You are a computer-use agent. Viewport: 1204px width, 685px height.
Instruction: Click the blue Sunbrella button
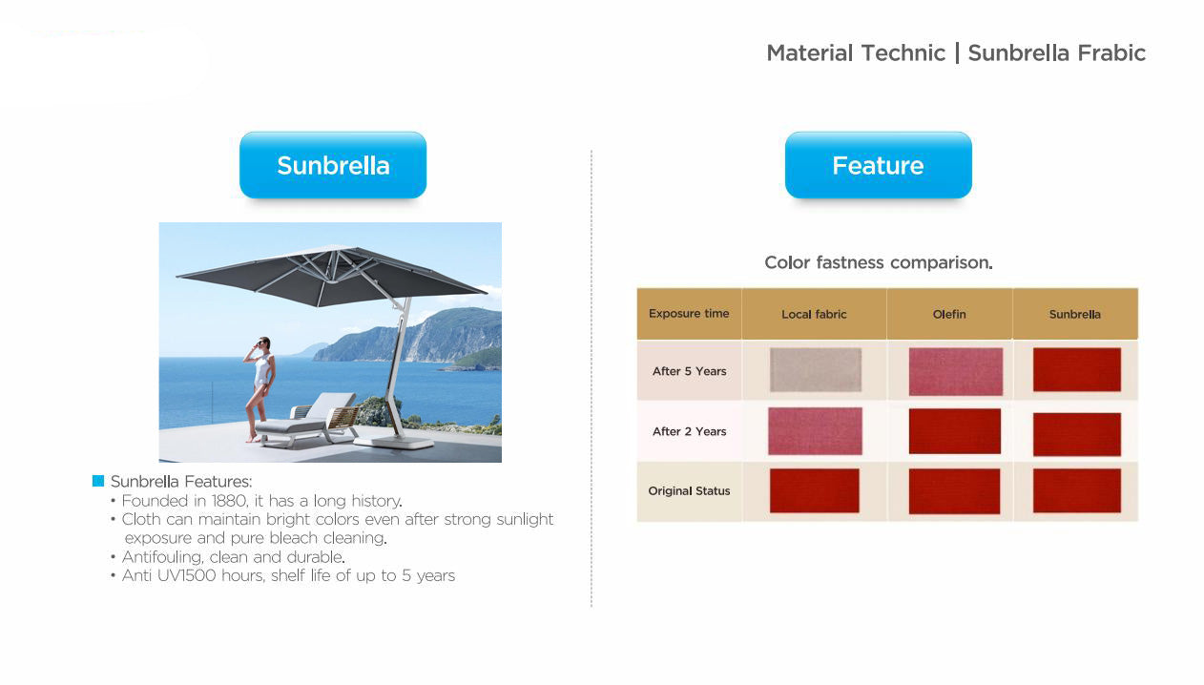(333, 165)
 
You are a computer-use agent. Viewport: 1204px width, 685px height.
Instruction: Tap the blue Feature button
(879, 165)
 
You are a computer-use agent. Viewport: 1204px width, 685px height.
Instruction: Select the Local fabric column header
(814, 314)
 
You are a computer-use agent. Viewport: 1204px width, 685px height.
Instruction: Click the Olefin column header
(949, 314)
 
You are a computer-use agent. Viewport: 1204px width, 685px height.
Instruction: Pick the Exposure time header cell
(689, 314)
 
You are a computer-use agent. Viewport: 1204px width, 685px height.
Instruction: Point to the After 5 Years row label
(689, 371)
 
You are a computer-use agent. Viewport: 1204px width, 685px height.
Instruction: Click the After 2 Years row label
(689, 431)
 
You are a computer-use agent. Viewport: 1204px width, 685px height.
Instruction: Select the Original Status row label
(689, 491)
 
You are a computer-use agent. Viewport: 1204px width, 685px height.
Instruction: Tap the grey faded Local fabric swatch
(816, 369)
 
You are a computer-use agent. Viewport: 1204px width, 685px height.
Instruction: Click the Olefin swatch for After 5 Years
(956, 371)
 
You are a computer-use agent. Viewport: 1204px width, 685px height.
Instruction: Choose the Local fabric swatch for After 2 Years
(815, 431)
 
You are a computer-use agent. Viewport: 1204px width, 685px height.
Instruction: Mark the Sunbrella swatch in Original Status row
(1076, 490)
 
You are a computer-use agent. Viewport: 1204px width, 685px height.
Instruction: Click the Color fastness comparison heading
(879, 262)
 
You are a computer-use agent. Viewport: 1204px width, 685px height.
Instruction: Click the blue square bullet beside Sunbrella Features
(98, 481)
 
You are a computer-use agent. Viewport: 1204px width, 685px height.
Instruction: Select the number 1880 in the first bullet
(230, 501)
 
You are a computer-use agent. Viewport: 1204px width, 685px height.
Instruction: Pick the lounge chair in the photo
(306, 420)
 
